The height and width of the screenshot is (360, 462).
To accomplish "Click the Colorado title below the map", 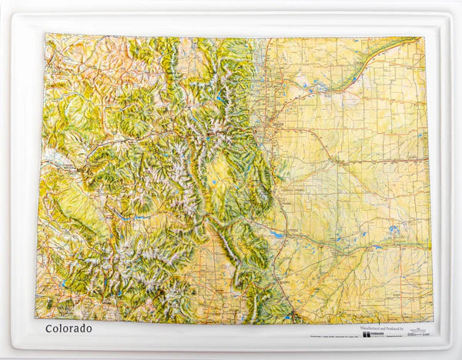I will (x=69, y=328).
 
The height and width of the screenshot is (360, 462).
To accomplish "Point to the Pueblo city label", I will (x=292, y=230).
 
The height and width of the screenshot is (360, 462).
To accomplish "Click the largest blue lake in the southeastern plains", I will (x=394, y=228).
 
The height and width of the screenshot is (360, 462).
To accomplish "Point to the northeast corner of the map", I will (x=425, y=38).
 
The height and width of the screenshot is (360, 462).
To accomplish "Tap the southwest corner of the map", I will (x=35, y=317).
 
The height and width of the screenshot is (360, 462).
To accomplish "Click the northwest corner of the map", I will (x=45, y=34).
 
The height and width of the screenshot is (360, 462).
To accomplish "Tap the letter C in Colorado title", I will (x=49, y=328).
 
